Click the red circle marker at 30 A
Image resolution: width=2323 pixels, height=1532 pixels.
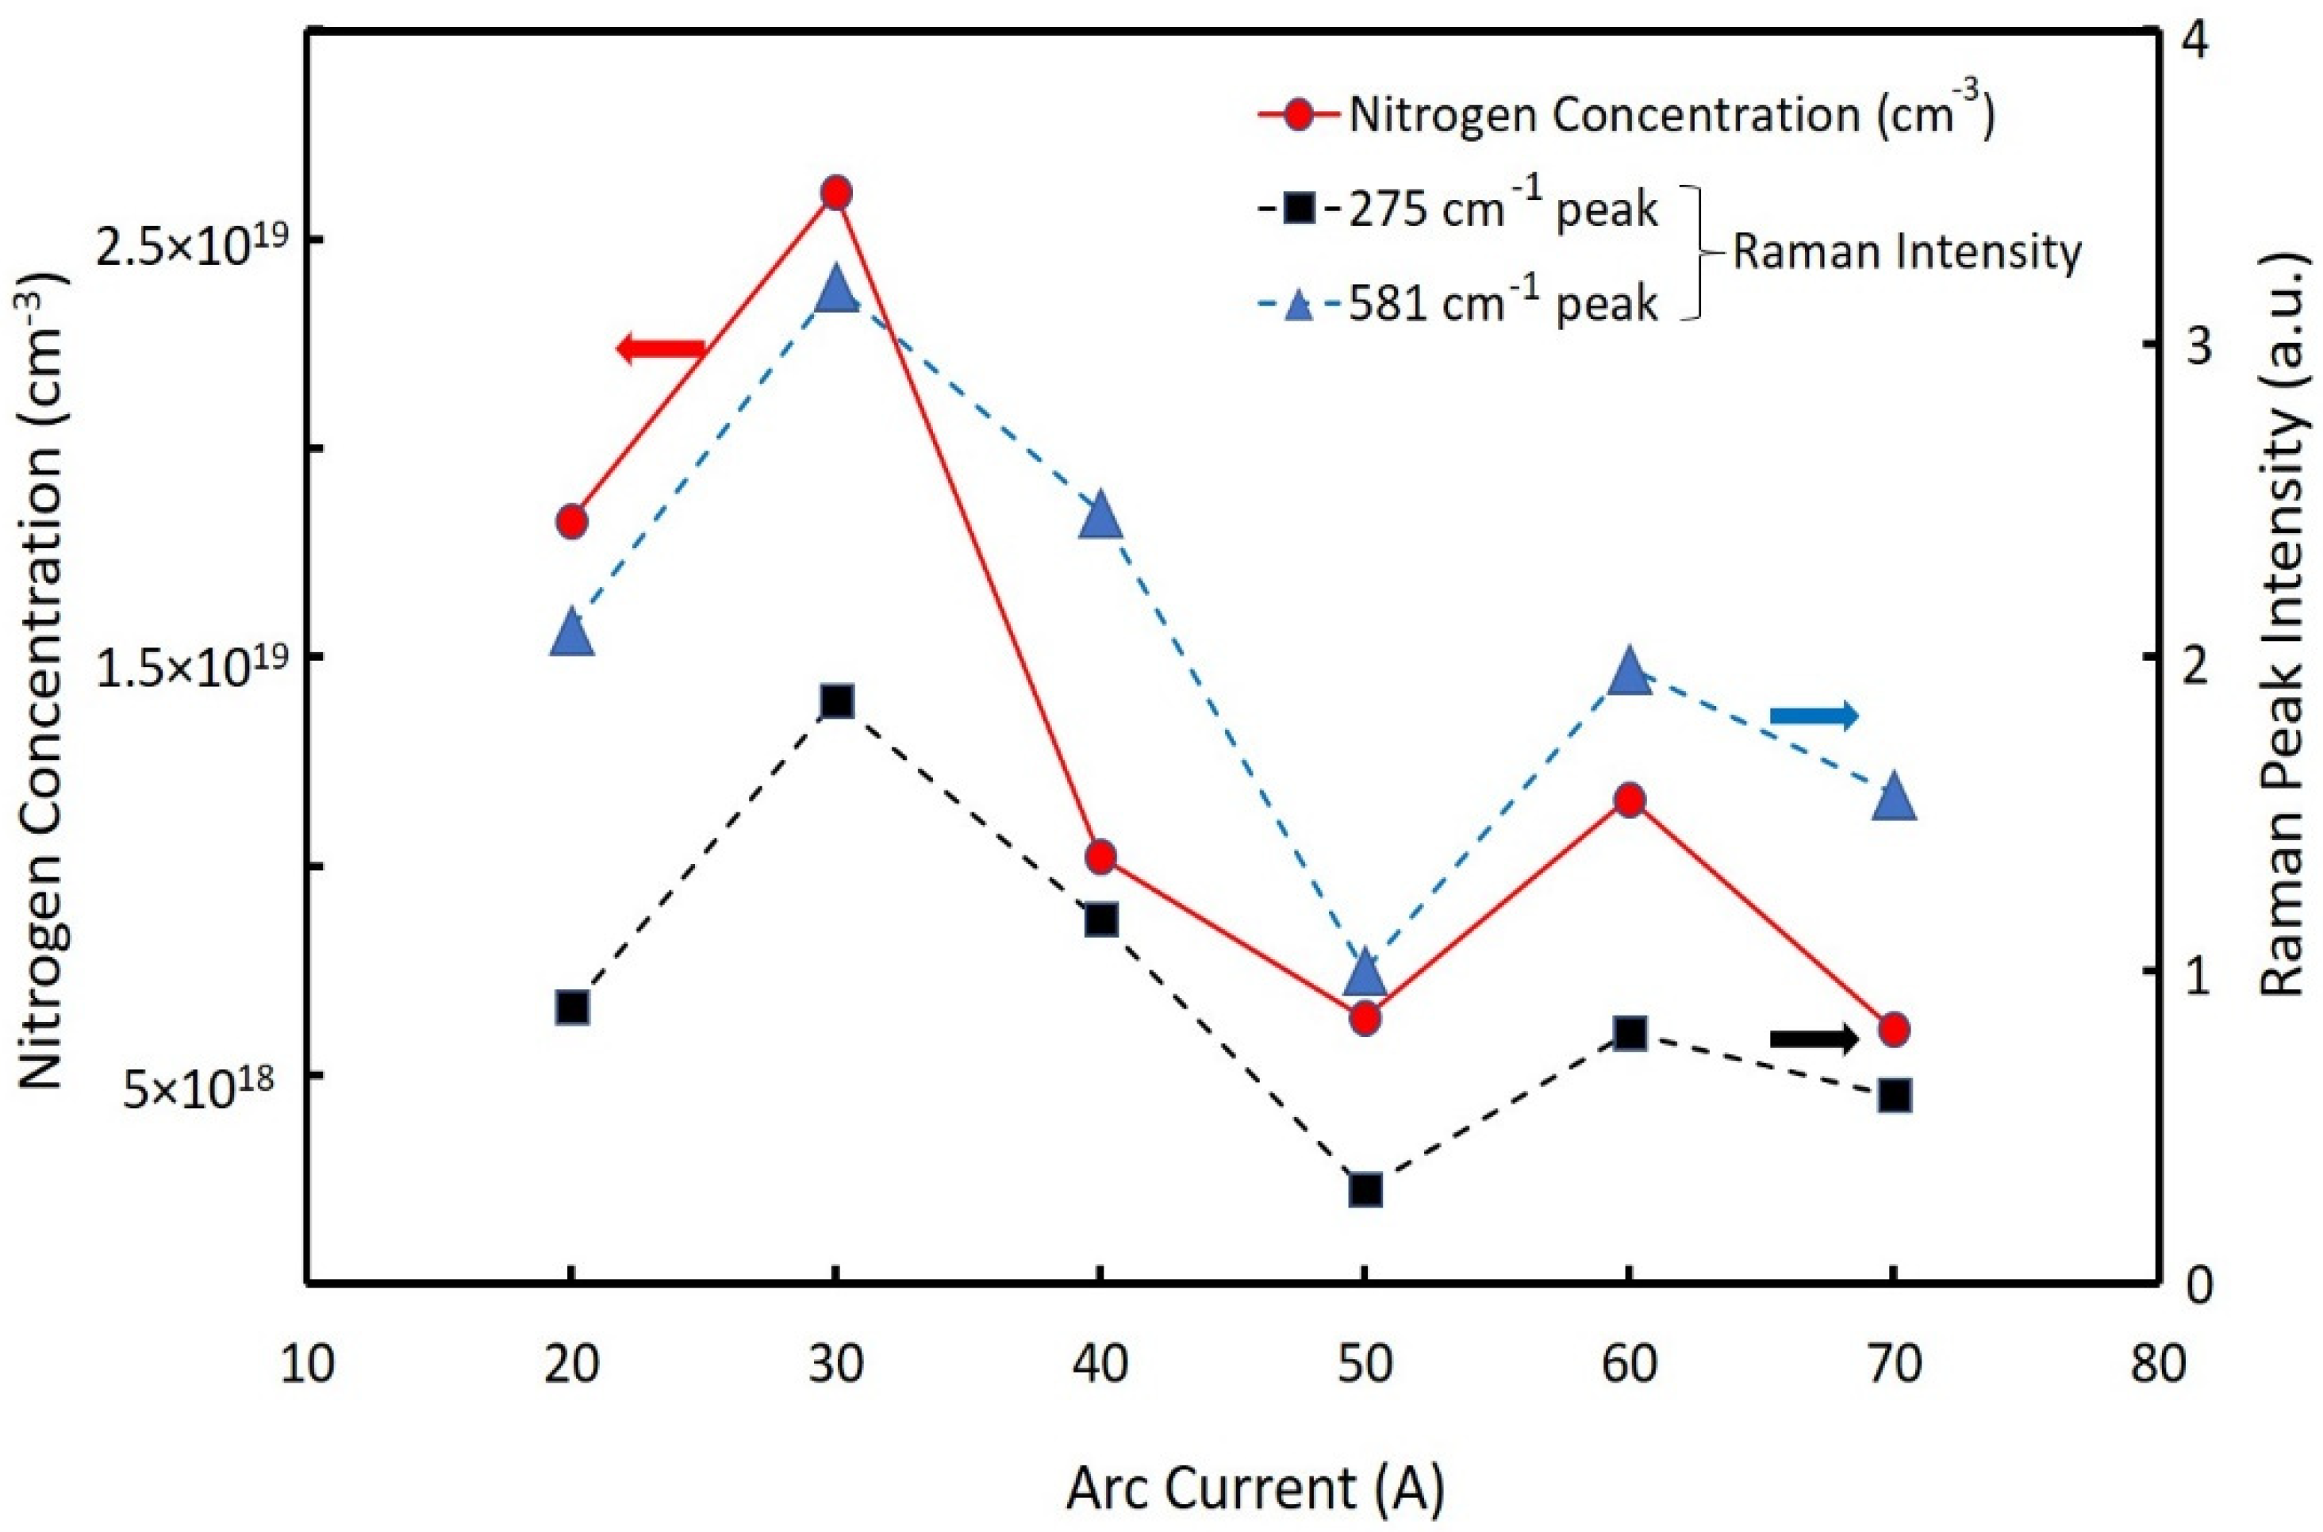(835, 194)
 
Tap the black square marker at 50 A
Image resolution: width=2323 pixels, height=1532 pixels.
(1365, 1190)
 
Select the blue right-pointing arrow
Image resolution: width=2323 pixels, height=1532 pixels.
(1813, 716)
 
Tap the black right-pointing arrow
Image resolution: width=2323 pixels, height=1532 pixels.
(1813, 1039)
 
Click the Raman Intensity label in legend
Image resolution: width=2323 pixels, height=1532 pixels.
(1906, 253)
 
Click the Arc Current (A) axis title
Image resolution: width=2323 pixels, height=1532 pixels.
(1255, 1490)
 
